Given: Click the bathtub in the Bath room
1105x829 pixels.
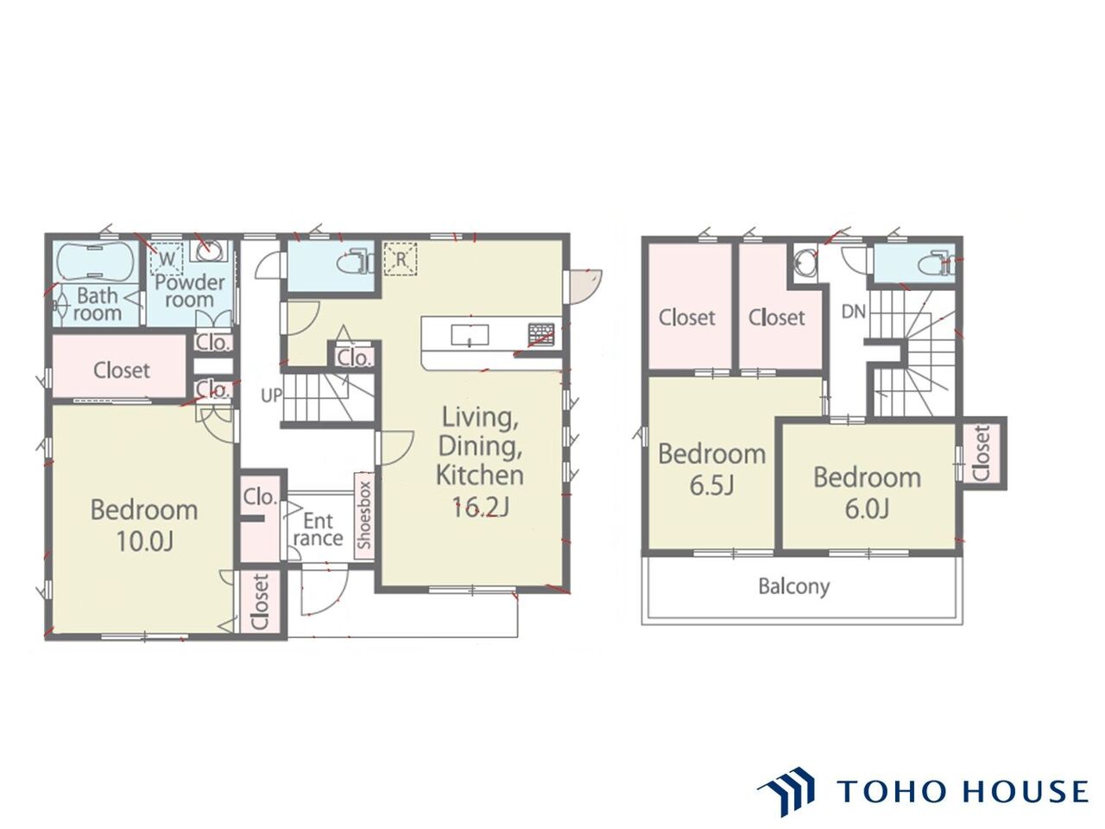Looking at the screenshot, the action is (x=96, y=262).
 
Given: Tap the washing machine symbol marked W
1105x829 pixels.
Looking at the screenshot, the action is (x=167, y=259).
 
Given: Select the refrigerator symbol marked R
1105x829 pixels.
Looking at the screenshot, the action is (x=401, y=259).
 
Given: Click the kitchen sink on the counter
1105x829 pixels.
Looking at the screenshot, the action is (x=469, y=335).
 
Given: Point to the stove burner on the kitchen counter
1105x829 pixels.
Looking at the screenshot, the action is (x=541, y=334).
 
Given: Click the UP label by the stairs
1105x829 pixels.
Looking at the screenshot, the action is (x=271, y=396).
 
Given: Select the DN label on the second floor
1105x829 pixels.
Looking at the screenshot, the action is (x=853, y=312).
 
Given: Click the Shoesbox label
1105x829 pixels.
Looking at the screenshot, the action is (x=364, y=516).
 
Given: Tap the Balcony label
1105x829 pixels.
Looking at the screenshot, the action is (x=794, y=587).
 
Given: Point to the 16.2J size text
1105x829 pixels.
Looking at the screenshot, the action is (x=480, y=507).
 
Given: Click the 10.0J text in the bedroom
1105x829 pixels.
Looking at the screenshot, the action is (x=145, y=541).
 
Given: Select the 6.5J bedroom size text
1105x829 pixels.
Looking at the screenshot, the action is (x=712, y=485).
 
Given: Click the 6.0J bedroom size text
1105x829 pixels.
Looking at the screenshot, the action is (x=867, y=509).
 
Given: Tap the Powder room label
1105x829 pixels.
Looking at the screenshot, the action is (x=189, y=291).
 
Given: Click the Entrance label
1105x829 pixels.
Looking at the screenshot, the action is (x=319, y=529).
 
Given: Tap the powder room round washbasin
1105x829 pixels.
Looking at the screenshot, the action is (x=206, y=251).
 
